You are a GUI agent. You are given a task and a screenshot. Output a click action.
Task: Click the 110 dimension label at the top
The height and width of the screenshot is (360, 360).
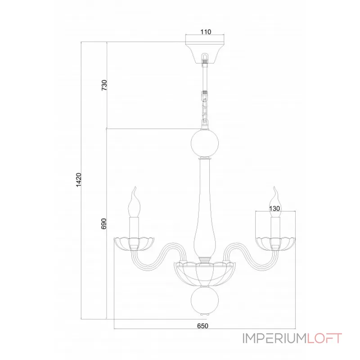[206, 32]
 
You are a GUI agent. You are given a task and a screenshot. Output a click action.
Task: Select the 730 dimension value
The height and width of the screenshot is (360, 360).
[104, 85]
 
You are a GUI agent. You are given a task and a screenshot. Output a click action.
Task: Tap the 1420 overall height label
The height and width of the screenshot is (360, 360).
[79, 180]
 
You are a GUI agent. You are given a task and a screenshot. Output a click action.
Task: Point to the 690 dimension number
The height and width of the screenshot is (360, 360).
[104, 224]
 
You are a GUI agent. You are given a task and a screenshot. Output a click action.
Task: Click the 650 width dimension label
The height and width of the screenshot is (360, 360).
[203, 326]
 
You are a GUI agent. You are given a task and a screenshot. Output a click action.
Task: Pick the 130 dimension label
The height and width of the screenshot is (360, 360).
[274, 208]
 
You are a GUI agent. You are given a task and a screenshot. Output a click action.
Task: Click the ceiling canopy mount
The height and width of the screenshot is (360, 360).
[205, 53]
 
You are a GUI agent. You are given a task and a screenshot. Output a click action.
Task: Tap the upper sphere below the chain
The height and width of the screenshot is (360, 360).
[205, 143]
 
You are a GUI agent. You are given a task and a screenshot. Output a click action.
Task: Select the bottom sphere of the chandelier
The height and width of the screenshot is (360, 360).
[205, 301]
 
